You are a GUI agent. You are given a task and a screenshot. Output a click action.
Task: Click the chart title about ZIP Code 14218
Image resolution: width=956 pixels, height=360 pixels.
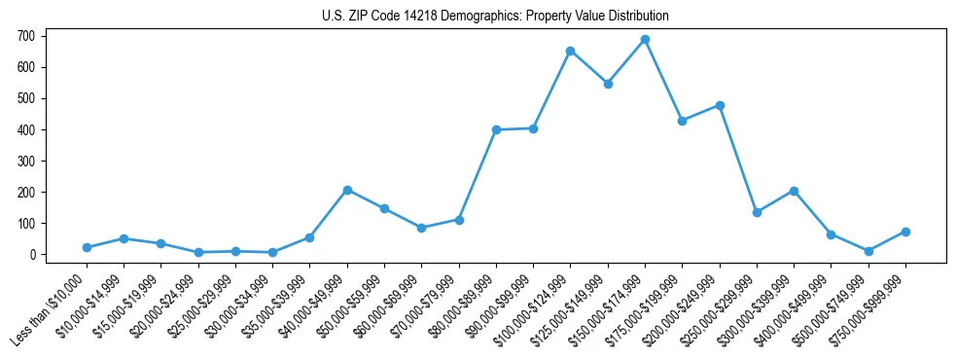[495, 17]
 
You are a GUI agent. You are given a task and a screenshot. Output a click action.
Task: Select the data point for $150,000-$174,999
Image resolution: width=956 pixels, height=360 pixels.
[645, 40]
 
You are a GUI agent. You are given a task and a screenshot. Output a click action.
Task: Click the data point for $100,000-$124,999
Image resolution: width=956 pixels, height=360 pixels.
[570, 51]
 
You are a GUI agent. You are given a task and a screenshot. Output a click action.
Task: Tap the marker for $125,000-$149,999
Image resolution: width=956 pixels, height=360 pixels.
[608, 84]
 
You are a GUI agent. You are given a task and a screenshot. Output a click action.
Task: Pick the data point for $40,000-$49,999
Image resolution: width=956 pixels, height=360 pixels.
[347, 190]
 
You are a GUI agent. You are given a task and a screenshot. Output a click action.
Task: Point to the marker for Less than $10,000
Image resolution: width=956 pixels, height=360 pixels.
[87, 247]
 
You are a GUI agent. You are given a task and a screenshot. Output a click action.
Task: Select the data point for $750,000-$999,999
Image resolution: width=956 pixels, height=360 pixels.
[905, 232]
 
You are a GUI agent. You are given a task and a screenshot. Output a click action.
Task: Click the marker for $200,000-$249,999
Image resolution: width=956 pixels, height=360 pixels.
[720, 105]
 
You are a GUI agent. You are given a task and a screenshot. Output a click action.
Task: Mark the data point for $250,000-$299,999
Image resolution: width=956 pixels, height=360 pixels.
[757, 212]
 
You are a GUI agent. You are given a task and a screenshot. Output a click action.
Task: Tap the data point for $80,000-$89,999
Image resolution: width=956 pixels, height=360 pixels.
[496, 129]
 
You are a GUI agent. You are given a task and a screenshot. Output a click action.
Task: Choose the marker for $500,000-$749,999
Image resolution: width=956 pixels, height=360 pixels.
[868, 251]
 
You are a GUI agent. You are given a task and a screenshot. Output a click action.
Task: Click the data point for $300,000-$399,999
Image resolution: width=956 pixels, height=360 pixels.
[794, 191]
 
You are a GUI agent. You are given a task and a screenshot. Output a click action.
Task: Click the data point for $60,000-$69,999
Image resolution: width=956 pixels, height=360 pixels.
[421, 228]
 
